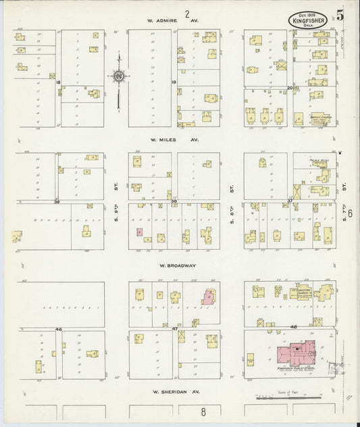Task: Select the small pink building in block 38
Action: coord(140,232)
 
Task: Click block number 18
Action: coord(59,82)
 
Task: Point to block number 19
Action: coord(174,82)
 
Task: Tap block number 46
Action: coord(59,329)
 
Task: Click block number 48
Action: coord(292,328)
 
